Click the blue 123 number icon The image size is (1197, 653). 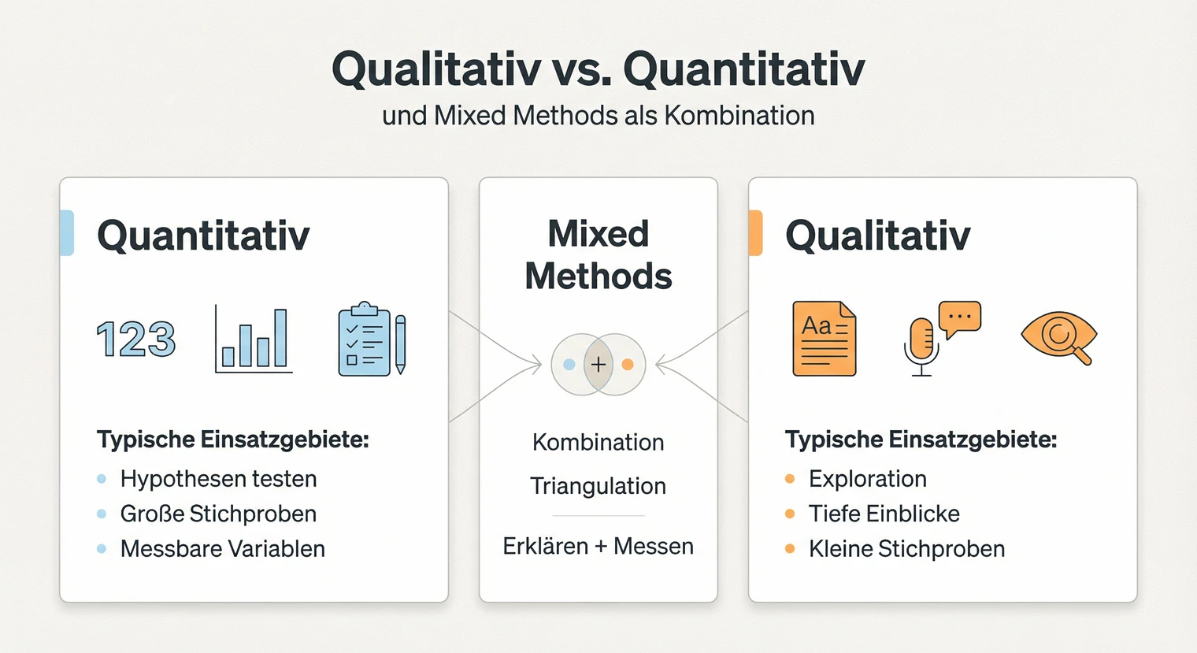(135, 339)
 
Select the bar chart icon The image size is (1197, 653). (254, 340)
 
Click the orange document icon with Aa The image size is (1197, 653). (824, 339)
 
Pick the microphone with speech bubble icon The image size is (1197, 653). (940, 337)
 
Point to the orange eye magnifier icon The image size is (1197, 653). (1058, 337)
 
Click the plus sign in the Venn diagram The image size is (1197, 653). (598, 365)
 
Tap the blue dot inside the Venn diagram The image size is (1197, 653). (569, 365)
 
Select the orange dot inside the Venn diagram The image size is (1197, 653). (628, 365)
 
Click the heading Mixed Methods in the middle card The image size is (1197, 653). (598, 255)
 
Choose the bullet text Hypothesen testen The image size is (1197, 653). (218, 479)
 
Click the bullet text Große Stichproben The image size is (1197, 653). (218, 514)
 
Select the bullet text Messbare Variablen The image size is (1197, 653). (222, 549)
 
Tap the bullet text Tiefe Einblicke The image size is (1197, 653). (884, 514)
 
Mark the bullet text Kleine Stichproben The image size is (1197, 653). (906, 549)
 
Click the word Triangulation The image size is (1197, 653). (598, 486)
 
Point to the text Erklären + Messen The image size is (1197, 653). (598, 546)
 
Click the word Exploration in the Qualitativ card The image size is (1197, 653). (867, 479)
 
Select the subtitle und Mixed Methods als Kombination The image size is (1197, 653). (598, 116)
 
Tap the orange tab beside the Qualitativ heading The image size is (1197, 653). (755, 233)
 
